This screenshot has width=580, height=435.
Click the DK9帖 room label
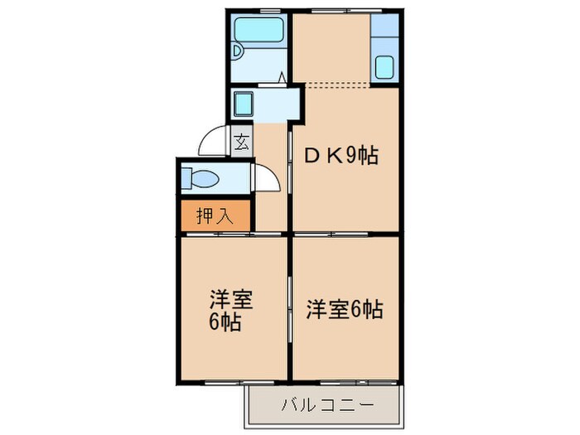point(342,155)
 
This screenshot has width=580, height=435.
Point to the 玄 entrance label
point(241,143)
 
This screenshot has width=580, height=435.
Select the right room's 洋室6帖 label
point(344,309)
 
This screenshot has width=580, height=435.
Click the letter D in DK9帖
point(314,155)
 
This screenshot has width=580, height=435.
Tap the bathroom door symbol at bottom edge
point(281,79)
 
